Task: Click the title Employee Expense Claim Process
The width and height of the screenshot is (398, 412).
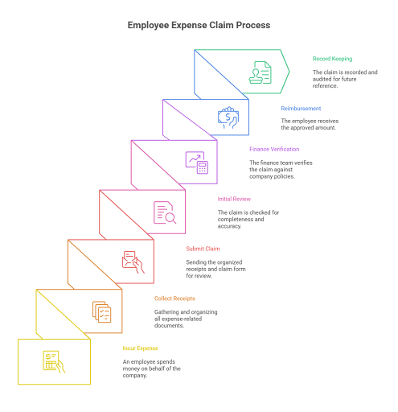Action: [199, 25]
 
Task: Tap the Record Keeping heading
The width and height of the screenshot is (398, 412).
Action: [332, 59]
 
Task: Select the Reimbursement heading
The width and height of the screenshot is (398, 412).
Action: [301, 109]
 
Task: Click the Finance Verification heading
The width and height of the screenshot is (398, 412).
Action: [274, 149]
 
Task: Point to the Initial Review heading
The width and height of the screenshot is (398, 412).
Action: [234, 199]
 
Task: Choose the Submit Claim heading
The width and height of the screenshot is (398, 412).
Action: [203, 249]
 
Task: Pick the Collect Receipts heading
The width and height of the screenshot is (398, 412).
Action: [174, 299]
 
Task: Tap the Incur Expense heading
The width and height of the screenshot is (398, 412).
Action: [140, 348]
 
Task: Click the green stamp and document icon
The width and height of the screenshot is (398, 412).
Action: [260, 72]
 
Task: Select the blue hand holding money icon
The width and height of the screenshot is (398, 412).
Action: [228, 117]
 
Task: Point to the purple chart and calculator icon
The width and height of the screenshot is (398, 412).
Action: [197, 163]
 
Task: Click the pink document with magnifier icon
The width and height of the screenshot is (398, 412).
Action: [165, 212]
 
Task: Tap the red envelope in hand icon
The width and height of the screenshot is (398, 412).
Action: [133, 262]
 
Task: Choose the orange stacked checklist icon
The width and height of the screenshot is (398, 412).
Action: [101, 312]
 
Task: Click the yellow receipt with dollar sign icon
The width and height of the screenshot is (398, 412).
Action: [54, 362]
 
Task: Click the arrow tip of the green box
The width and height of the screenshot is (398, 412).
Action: [289, 72]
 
